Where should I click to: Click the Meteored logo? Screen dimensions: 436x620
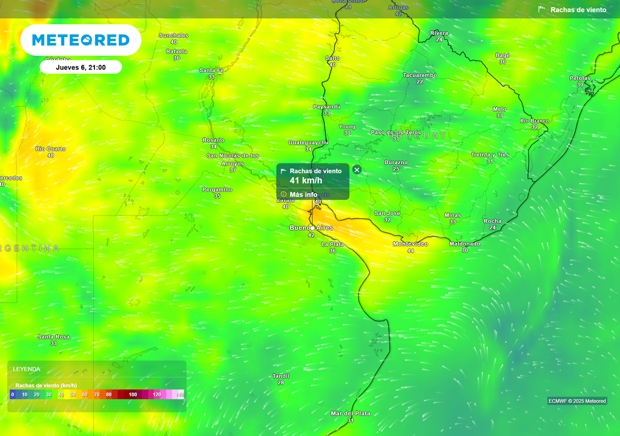(81, 40)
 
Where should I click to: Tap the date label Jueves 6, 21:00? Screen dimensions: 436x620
(81, 67)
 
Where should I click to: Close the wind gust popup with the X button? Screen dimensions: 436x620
(357, 170)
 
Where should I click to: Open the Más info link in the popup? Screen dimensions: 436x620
(303, 194)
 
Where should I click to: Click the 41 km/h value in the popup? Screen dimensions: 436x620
(306, 180)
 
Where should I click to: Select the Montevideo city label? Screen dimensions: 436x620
(411, 244)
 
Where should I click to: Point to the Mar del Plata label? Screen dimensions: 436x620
(350, 414)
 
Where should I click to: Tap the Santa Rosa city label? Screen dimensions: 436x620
(53, 337)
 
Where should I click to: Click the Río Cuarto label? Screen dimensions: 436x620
(51, 148)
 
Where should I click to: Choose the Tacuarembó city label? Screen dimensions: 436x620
(420, 75)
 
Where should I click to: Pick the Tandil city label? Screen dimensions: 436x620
(280, 376)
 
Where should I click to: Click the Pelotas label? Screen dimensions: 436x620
(579, 78)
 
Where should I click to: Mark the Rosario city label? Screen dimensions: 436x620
(213, 140)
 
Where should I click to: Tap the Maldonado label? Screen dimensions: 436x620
(464, 243)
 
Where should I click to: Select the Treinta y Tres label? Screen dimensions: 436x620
(490, 154)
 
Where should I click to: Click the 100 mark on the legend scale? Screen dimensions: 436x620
(133, 395)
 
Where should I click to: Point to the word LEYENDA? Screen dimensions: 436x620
(27, 369)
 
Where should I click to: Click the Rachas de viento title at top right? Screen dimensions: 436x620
(578, 10)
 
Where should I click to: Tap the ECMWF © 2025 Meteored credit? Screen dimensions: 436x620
(577, 401)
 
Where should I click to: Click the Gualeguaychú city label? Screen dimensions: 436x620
(308, 142)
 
